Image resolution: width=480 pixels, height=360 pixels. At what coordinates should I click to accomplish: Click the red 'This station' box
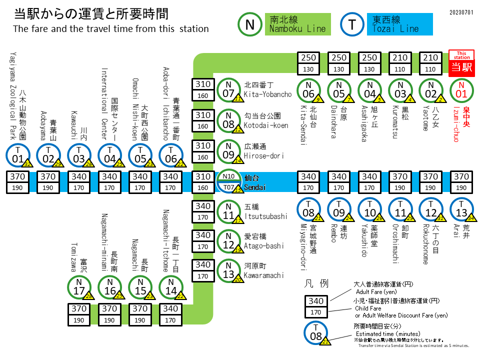(x=461, y=62)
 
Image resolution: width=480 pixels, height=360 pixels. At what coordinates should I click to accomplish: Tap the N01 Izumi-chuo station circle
(x=461, y=90)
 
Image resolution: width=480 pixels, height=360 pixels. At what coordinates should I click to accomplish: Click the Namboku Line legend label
(x=297, y=24)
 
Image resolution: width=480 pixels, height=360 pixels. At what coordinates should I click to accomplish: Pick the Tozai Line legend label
(x=401, y=24)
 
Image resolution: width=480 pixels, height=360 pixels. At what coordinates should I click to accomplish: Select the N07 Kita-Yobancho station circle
(x=229, y=90)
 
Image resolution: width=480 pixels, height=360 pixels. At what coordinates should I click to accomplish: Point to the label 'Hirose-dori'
(x=263, y=155)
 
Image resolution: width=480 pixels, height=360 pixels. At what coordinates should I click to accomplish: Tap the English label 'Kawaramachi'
(x=263, y=275)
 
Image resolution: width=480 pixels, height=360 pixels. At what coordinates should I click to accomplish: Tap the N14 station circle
(x=171, y=287)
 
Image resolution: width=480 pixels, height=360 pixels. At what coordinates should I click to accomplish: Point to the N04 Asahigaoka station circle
(x=370, y=90)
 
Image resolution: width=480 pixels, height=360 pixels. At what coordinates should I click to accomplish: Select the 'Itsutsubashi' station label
(x=265, y=216)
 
